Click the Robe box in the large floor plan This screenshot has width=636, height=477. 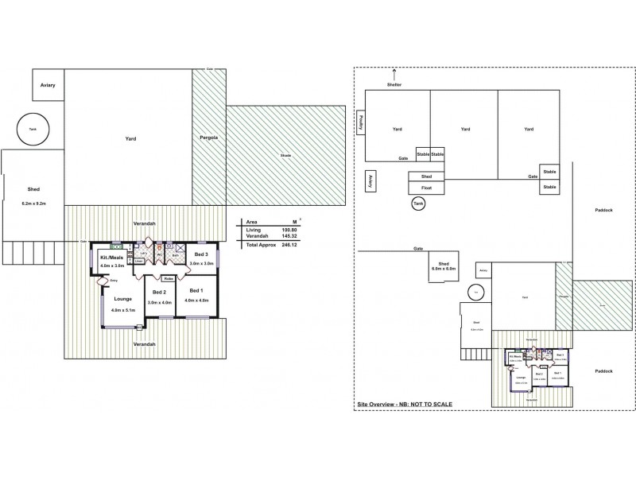click(169, 279)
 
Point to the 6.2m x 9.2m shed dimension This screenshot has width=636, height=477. click(33, 204)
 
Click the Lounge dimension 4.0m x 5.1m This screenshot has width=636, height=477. click(123, 310)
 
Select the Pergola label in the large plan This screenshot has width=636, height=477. click(209, 138)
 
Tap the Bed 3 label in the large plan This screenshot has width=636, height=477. click(201, 254)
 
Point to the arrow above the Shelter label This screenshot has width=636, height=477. click(394, 73)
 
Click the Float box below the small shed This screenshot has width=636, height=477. click(426, 188)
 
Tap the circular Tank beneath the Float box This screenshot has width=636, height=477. click(418, 205)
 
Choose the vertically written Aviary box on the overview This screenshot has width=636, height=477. click(370, 181)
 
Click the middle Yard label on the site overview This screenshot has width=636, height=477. click(464, 129)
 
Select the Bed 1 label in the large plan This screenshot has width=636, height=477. click(196, 292)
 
